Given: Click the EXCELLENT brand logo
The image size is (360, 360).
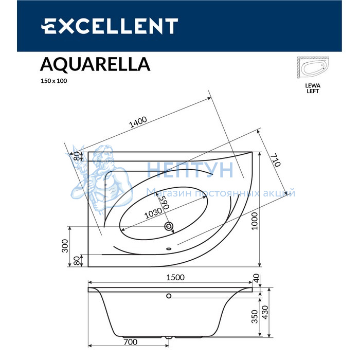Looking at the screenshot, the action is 110,26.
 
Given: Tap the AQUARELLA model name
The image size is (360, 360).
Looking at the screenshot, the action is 95,64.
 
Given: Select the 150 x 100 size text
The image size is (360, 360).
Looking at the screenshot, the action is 53,81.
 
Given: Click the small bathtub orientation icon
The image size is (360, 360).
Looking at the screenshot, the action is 313,67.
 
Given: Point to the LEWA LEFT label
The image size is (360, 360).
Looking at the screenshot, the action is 313,88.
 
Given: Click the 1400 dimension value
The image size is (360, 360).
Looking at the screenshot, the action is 138,122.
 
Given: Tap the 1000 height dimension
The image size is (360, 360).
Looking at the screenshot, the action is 255,221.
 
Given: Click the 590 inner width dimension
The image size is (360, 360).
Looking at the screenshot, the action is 165,203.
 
